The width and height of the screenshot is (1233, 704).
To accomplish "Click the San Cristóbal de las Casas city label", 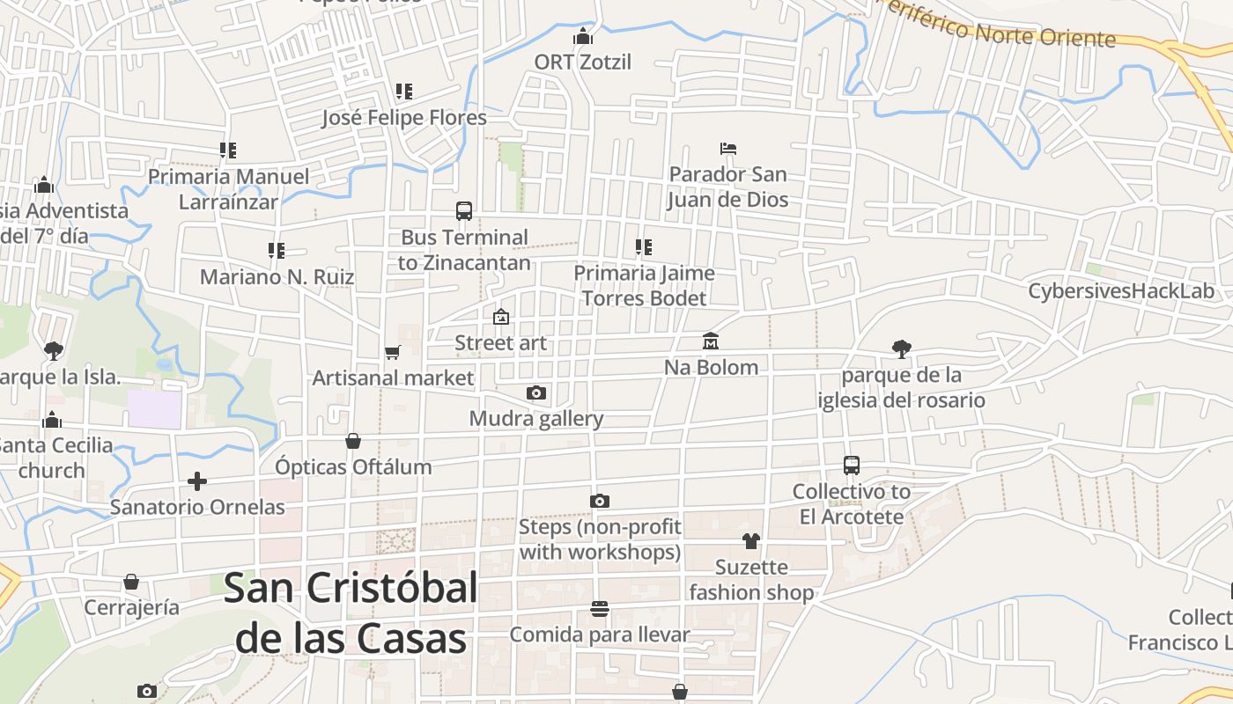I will (351, 613).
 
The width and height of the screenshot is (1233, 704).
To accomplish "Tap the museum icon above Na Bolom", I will (711, 341).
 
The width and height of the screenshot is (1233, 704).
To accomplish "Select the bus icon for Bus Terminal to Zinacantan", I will (464, 211).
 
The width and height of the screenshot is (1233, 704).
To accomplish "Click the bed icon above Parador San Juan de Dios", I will (727, 148).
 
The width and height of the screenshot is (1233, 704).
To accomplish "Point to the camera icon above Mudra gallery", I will (535, 392).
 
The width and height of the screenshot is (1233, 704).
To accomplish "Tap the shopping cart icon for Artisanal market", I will (393, 352).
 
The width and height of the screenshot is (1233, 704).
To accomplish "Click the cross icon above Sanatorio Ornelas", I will (197, 481).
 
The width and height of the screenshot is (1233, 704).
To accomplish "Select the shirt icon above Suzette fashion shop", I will (750, 540).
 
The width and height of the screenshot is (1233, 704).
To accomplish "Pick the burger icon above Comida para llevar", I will (600, 609).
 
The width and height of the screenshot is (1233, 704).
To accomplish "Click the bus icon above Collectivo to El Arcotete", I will (851, 466).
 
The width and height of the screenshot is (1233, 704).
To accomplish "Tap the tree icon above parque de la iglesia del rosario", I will (901, 349).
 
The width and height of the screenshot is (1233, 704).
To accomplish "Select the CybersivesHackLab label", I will (1120, 291).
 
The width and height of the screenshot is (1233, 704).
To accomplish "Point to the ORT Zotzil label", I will (583, 62).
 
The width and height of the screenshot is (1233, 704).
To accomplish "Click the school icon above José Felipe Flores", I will (403, 92).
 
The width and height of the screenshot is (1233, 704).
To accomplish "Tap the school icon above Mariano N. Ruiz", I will (277, 251).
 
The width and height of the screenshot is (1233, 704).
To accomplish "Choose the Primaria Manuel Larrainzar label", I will (228, 189).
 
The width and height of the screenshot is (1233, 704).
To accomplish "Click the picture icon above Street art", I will (500, 317).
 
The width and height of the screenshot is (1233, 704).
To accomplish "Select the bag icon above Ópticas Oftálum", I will (353, 441).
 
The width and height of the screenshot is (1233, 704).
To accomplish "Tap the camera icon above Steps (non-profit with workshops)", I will (600, 501).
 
